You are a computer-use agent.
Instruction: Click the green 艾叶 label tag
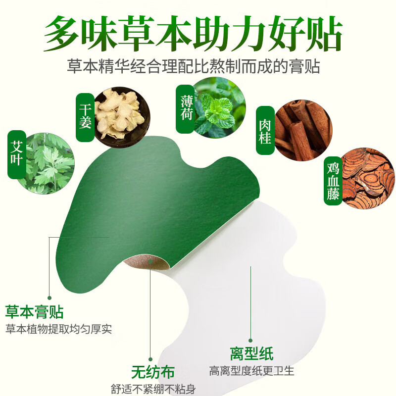coord(17,154)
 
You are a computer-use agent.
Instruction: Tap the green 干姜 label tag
coord(85,115)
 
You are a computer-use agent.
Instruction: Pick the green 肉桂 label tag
coord(265,130)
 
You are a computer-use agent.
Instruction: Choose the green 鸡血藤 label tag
coord(333,181)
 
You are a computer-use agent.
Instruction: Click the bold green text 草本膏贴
coord(34,312)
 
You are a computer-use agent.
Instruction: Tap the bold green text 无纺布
coord(152,372)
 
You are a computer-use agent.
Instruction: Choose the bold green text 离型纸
coord(251,353)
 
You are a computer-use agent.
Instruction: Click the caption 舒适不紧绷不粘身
coord(153,389)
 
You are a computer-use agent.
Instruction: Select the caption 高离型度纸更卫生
coord(252,370)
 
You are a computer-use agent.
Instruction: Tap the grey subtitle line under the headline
coord(193,66)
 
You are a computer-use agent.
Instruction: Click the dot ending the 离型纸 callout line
coord(250,341)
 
